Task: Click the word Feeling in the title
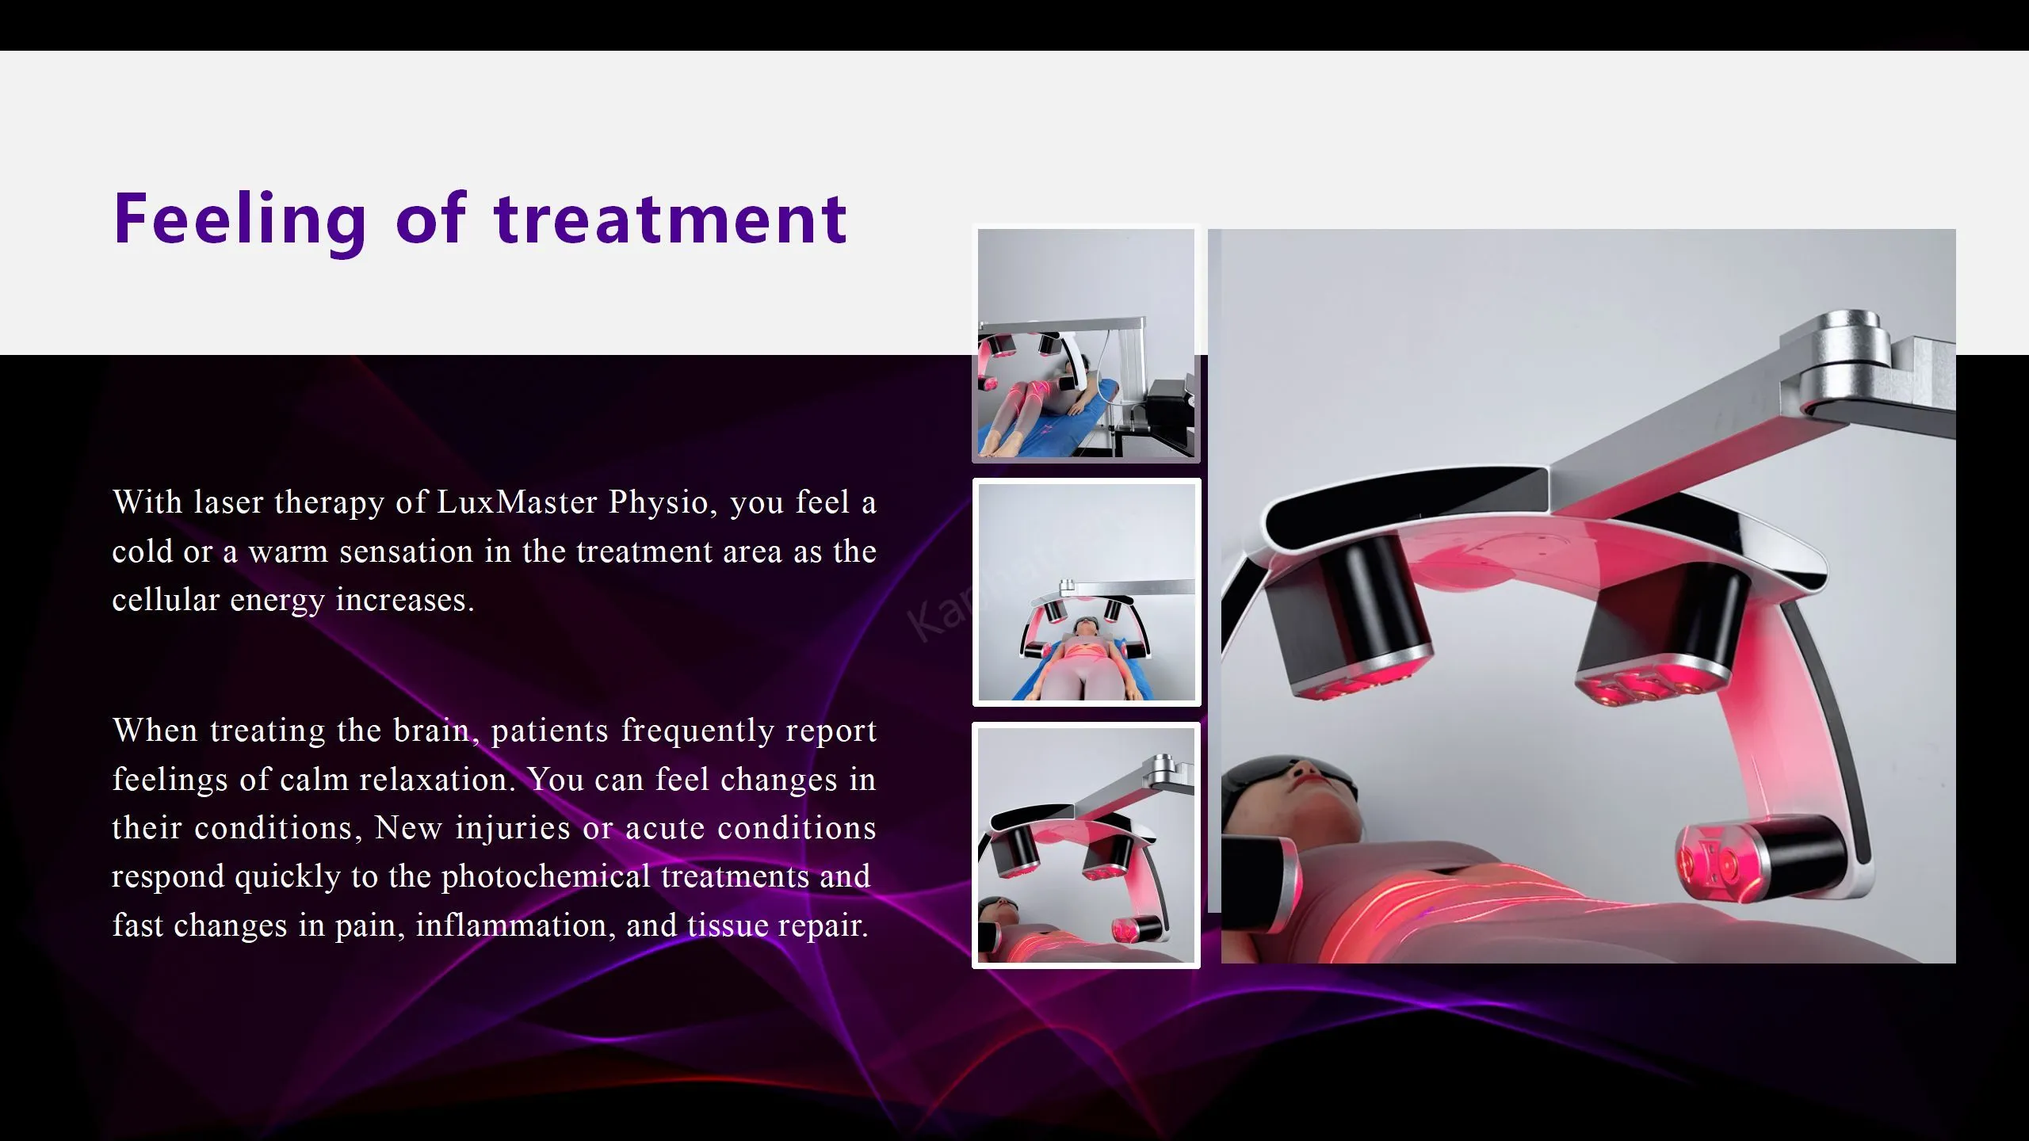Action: (x=240, y=220)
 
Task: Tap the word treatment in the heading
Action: (x=671, y=219)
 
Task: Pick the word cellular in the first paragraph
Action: (x=166, y=600)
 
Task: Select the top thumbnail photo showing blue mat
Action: (x=1086, y=343)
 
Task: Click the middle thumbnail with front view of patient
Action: (x=1087, y=592)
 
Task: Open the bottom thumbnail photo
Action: (x=1086, y=845)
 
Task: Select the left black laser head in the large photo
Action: (x=1351, y=618)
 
